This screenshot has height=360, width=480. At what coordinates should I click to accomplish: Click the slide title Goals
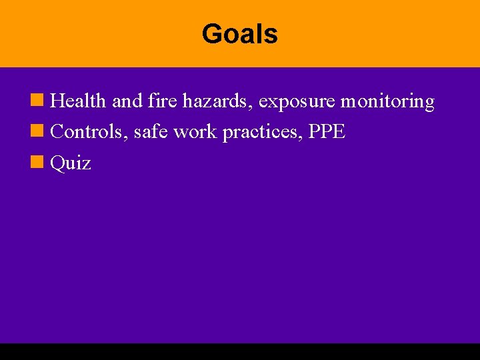click(x=240, y=34)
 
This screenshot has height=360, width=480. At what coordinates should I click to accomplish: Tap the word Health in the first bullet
click(x=78, y=101)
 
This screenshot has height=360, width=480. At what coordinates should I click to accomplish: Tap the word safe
click(x=150, y=132)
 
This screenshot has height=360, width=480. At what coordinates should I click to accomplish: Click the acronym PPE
click(x=327, y=132)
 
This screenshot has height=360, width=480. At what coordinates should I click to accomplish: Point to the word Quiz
click(x=71, y=163)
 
